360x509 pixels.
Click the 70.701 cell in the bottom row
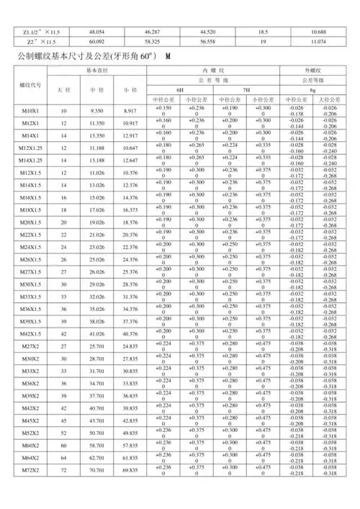coord(93,490)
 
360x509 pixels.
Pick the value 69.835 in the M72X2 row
coord(130,490)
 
